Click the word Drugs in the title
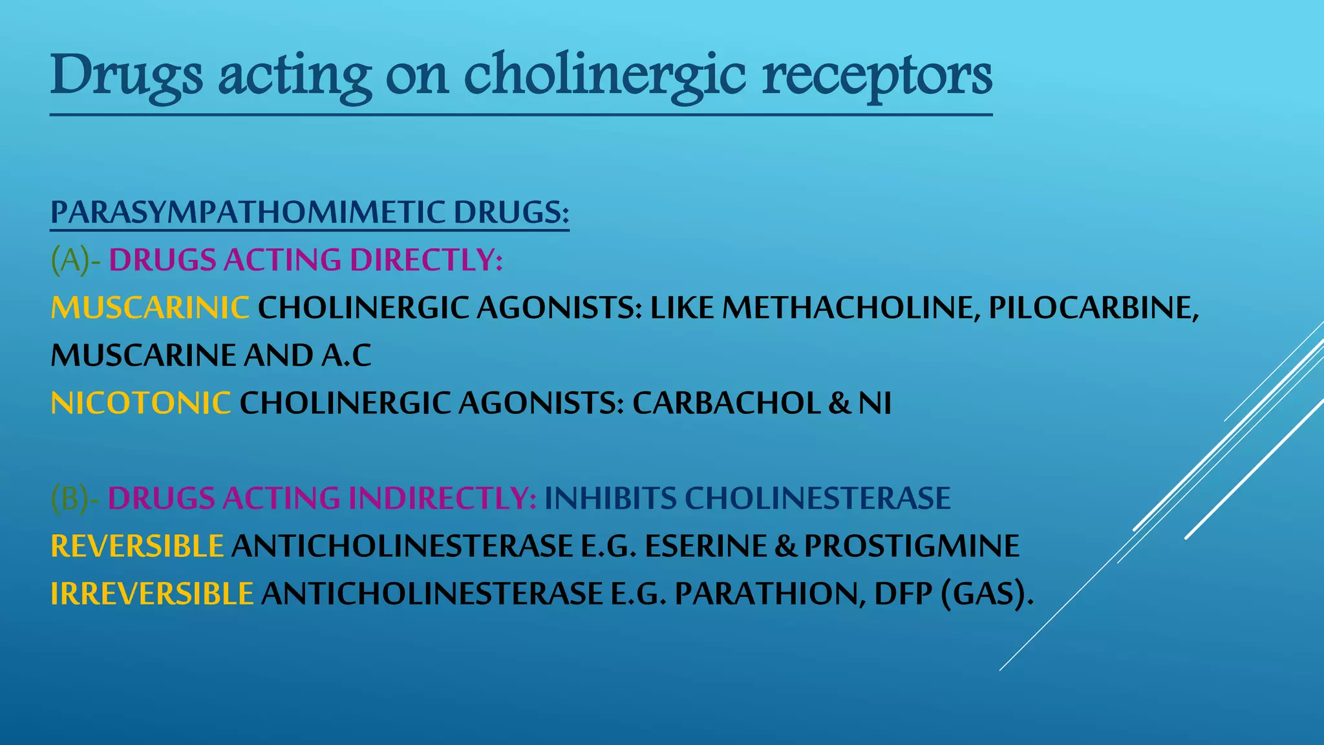(x=127, y=76)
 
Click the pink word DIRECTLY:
(x=426, y=261)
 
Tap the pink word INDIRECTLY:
(x=442, y=499)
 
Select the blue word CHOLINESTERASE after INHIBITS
(x=817, y=499)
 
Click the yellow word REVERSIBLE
(x=137, y=546)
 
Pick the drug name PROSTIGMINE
(x=912, y=546)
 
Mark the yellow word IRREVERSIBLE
(x=152, y=594)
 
